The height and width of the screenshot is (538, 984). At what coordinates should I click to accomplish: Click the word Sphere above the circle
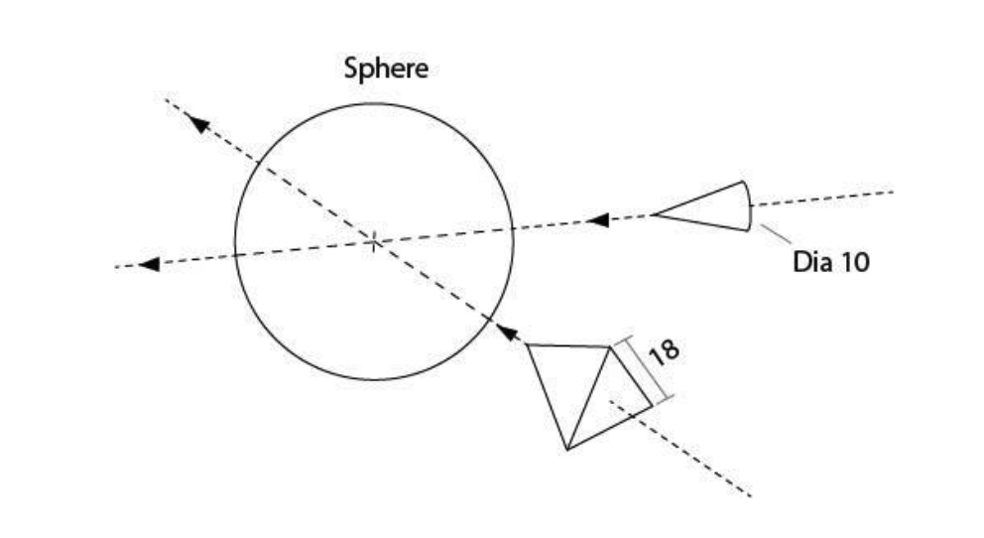click(x=386, y=70)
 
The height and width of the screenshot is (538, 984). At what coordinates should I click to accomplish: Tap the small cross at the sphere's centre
click(x=373, y=241)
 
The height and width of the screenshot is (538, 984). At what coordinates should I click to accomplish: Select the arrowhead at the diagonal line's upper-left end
click(x=197, y=123)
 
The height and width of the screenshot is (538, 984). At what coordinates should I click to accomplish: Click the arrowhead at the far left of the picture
click(x=149, y=264)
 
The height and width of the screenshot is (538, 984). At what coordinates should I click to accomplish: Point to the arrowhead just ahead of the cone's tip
click(x=597, y=219)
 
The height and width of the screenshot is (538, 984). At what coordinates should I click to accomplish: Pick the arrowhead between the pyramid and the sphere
click(x=507, y=332)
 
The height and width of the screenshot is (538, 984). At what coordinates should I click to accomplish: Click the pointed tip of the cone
click(x=654, y=214)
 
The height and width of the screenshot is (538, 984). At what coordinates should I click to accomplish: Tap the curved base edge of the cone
click(x=748, y=206)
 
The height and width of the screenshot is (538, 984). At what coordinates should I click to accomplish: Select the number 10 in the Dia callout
click(x=852, y=263)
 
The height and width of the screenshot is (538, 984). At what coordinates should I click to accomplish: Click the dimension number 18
click(x=664, y=353)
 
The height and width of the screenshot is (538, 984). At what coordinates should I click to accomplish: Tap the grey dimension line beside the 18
click(x=644, y=368)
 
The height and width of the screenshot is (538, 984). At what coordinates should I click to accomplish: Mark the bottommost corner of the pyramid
click(x=566, y=450)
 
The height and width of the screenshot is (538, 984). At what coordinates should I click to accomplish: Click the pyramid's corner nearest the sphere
click(x=527, y=344)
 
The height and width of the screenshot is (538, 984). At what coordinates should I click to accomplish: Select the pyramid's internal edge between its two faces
click(x=588, y=397)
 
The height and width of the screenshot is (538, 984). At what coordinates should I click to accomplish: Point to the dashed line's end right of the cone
click(x=893, y=192)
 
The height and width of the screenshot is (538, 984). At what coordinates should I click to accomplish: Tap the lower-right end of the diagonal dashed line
click(x=751, y=495)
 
